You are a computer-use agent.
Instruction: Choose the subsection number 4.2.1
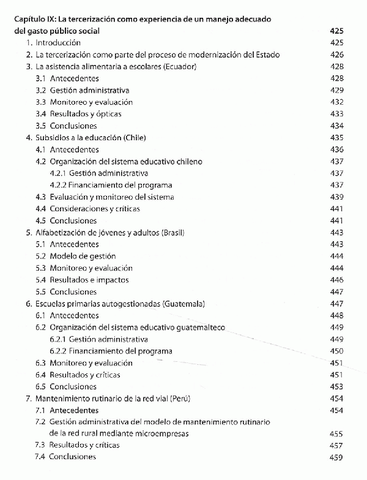point(59,173)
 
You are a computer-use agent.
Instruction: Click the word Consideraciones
point(79,209)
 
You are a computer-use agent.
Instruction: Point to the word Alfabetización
point(62,233)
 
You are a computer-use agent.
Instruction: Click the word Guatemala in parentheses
point(183,304)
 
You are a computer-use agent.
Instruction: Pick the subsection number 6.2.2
point(59,351)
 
